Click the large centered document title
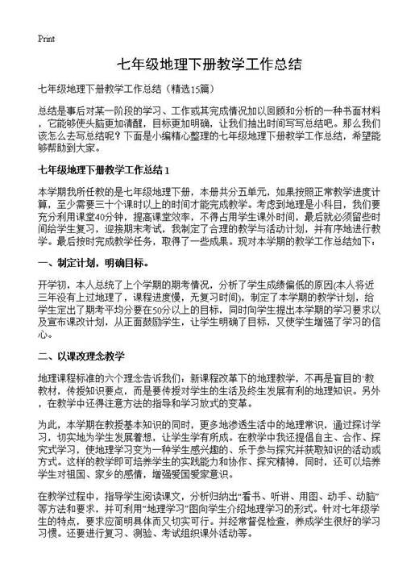point(209,64)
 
